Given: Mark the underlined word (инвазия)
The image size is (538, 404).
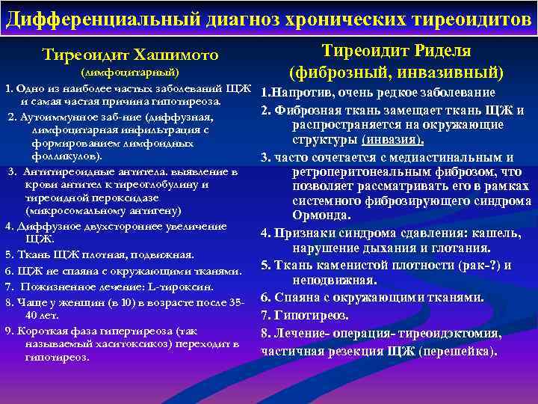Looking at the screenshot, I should click(x=392, y=140).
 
